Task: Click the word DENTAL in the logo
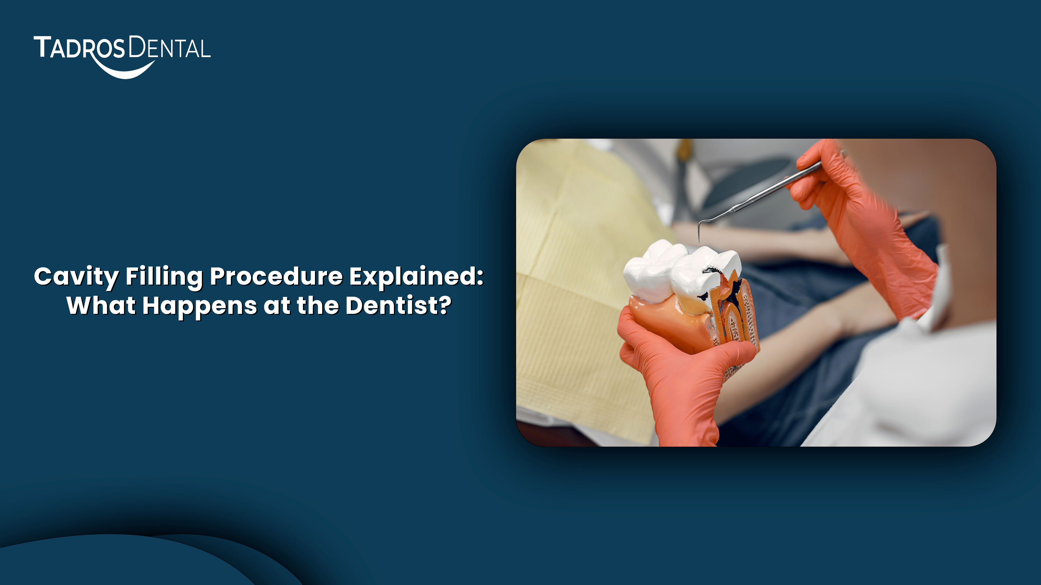pos(170,49)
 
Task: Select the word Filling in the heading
pos(164,277)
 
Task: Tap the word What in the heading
pos(101,306)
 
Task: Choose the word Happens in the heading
pos(200,306)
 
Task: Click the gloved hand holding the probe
pos(857,226)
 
